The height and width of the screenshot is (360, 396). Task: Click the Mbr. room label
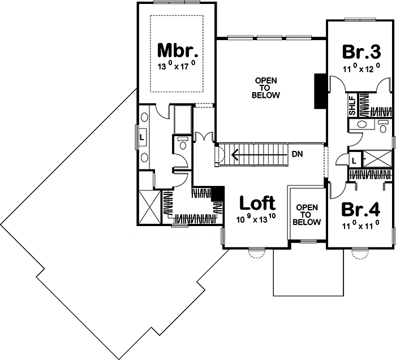pyautogui.click(x=178, y=51)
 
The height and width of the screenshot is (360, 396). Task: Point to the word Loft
pyautogui.click(x=257, y=202)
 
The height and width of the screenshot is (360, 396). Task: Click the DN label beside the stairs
pyautogui.click(x=298, y=153)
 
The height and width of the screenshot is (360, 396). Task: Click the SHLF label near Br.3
pyautogui.click(x=352, y=106)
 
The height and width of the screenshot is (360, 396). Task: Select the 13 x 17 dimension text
pyautogui.click(x=177, y=66)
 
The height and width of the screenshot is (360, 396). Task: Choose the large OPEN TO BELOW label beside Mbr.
pyautogui.click(x=266, y=88)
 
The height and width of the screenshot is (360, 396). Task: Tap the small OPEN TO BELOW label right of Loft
pyautogui.click(x=306, y=214)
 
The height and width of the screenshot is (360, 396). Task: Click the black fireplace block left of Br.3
pyautogui.click(x=320, y=90)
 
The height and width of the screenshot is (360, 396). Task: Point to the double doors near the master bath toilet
pyautogui.click(x=203, y=137)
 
